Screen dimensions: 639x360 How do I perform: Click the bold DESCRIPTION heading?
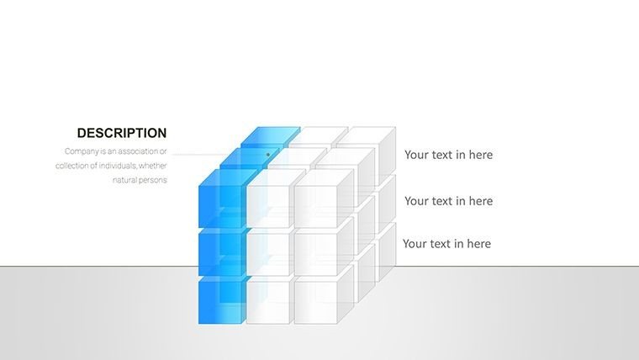tap(122, 133)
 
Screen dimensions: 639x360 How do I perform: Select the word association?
tap(137, 151)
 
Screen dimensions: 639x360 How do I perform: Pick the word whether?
tap(153, 166)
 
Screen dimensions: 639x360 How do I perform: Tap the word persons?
tap(154, 180)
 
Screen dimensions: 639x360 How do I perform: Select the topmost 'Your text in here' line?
tap(448, 155)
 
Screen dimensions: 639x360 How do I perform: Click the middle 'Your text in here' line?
tap(448, 201)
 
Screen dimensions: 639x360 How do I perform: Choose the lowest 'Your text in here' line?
tap(446, 244)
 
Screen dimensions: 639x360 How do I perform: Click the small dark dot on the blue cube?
tap(268, 155)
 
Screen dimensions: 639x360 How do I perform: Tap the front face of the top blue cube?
tap(219, 206)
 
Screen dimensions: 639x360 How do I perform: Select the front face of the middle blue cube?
tap(219, 254)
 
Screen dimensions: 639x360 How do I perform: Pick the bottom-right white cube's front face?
tap(315, 303)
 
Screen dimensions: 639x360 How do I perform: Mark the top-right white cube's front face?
tap(315, 206)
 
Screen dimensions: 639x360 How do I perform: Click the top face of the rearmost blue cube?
tap(271, 135)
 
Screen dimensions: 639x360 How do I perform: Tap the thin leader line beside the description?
tap(199, 155)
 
